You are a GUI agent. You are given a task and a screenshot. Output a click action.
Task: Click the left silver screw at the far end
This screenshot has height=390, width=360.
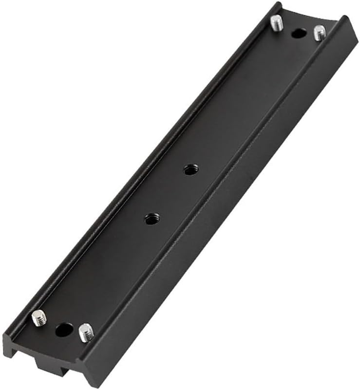277,22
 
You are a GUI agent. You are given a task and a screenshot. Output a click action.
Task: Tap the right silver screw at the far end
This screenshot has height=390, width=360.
320,33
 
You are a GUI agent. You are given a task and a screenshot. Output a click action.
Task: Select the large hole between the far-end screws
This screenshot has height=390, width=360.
298,34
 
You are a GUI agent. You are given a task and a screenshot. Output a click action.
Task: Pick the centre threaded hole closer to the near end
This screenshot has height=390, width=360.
151,219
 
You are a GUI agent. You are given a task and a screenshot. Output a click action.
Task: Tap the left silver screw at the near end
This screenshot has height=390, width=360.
38,318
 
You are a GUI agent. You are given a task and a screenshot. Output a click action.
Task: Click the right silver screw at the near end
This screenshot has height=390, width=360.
86,333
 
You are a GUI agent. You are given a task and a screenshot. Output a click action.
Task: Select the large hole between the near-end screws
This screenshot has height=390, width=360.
64,330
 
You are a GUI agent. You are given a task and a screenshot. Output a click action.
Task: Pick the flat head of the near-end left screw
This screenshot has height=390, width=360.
37,317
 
